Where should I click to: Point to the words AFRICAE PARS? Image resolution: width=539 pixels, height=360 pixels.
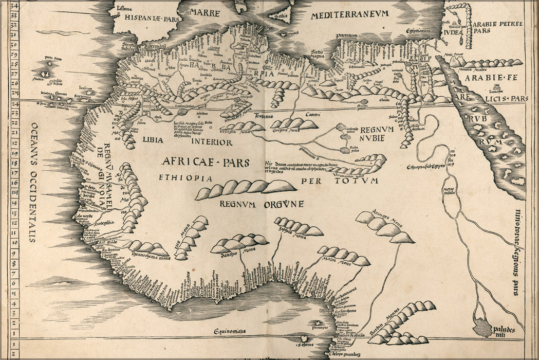click(206, 163)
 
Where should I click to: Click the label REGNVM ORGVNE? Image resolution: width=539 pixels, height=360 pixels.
click(262, 204)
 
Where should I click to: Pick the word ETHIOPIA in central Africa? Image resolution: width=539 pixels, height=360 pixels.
click(178, 178)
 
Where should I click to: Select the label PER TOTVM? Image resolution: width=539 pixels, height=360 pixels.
click(339, 181)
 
